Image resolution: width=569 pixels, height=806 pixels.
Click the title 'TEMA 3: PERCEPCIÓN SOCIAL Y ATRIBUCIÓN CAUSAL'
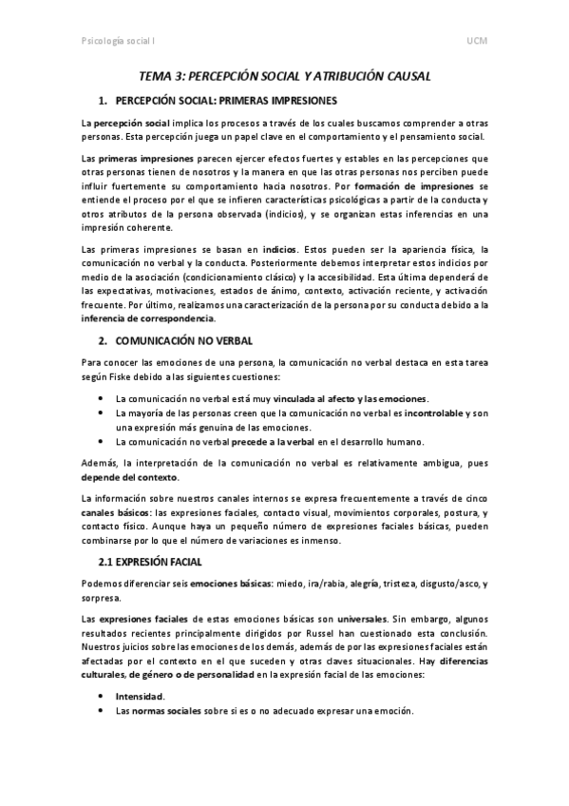(285, 75)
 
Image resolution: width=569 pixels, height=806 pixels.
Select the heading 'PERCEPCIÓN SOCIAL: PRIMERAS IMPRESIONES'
(225, 100)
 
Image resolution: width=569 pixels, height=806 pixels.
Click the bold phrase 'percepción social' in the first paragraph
(131, 124)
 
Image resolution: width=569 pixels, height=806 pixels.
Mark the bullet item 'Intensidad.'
(140, 696)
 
